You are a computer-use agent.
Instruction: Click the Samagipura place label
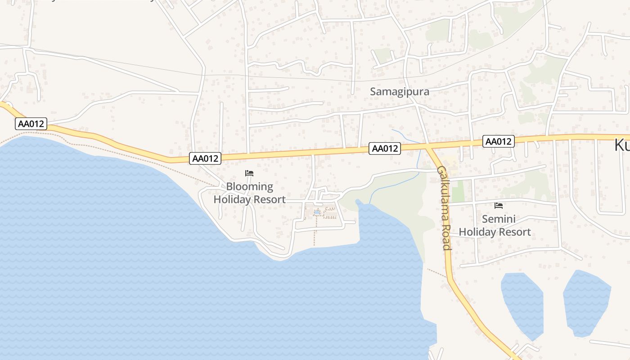(x=400, y=91)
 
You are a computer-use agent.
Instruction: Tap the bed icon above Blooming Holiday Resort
(x=249, y=173)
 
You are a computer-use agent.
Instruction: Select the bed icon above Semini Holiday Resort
(x=498, y=206)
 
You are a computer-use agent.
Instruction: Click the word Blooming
(x=249, y=186)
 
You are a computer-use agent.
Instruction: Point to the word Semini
(x=499, y=219)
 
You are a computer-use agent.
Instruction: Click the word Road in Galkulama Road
(x=446, y=239)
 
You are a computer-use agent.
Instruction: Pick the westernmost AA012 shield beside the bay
(x=31, y=124)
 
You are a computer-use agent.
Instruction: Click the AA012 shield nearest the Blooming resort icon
(x=205, y=158)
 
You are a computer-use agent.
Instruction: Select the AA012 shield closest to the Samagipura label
(x=385, y=148)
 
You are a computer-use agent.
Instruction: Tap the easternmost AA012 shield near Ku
(x=499, y=141)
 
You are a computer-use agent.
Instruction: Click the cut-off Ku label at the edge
(x=622, y=145)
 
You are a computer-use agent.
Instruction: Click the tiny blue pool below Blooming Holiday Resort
(x=317, y=211)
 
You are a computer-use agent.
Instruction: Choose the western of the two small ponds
(x=523, y=304)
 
